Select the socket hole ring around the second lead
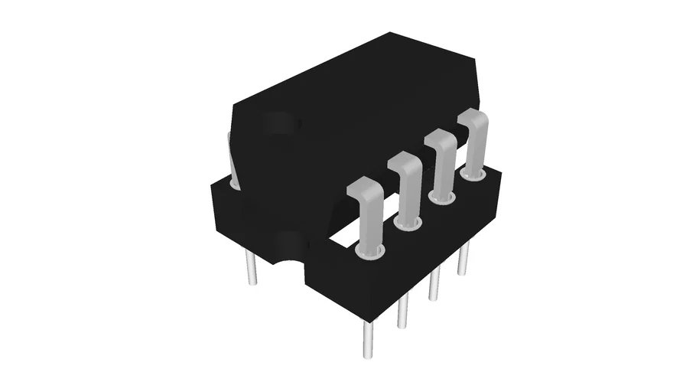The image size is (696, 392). (x=408, y=223)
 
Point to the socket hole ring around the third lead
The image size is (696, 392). (x=442, y=198)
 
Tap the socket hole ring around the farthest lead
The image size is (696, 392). (x=474, y=175)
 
